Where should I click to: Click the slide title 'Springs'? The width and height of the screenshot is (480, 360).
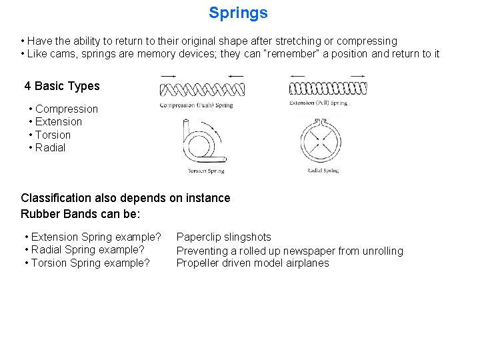[238, 13]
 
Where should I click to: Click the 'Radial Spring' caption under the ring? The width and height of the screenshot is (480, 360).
[322, 171]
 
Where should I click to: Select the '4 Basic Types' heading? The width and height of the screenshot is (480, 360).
[62, 86]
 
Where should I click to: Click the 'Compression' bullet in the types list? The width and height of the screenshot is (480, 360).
[66, 109]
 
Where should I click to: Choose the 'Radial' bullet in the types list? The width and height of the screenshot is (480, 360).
[50, 148]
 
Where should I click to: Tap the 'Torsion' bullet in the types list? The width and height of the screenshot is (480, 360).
[53, 135]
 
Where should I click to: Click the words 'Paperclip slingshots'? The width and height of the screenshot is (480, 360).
[223, 237]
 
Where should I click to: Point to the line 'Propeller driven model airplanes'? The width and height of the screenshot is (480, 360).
[252, 263]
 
